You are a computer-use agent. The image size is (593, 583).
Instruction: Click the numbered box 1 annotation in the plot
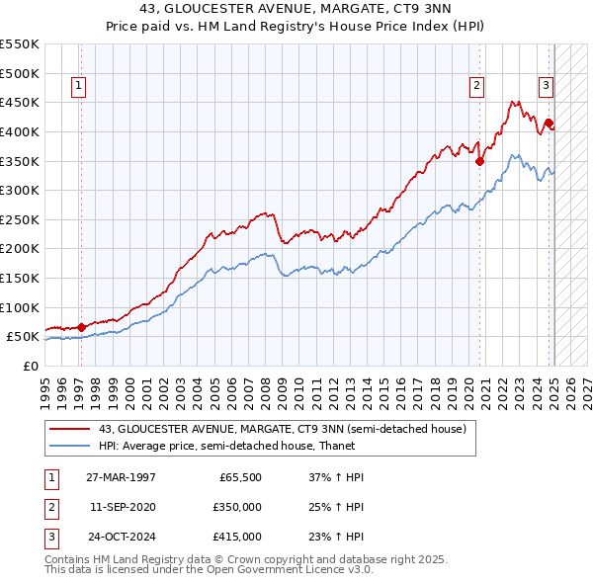(79, 86)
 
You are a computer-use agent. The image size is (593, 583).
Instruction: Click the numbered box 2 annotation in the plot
(476, 86)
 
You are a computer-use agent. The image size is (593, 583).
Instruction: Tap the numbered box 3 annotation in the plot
(545, 86)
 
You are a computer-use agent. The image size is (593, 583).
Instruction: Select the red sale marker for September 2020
(479, 161)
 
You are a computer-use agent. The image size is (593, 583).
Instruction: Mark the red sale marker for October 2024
(549, 123)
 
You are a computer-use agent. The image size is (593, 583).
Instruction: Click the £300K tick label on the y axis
(21, 190)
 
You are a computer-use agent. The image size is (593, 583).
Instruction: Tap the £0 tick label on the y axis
(31, 366)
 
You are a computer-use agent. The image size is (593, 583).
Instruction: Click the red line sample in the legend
(71, 428)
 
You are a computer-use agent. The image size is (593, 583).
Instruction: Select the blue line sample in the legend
(71, 446)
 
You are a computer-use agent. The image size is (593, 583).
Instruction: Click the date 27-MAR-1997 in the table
(121, 477)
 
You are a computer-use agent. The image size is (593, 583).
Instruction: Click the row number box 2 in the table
(50, 507)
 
